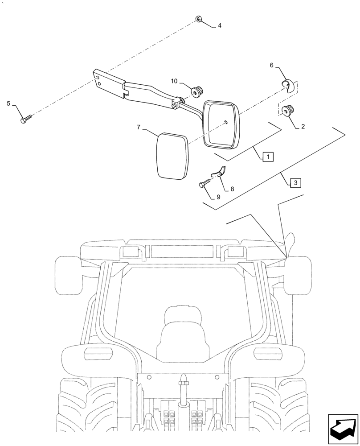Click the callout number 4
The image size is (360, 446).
(x=219, y=26)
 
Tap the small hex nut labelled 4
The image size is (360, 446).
(x=198, y=19)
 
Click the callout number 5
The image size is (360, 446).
(x=9, y=104)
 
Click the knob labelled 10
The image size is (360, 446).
(x=196, y=91)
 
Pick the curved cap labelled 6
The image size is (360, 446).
(x=287, y=85)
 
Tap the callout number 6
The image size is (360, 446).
(x=272, y=66)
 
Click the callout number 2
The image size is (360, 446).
(x=303, y=127)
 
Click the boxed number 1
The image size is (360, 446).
(x=268, y=157)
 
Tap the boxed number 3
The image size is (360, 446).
(x=295, y=182)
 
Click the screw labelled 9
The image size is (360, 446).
(x=205, y=184)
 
